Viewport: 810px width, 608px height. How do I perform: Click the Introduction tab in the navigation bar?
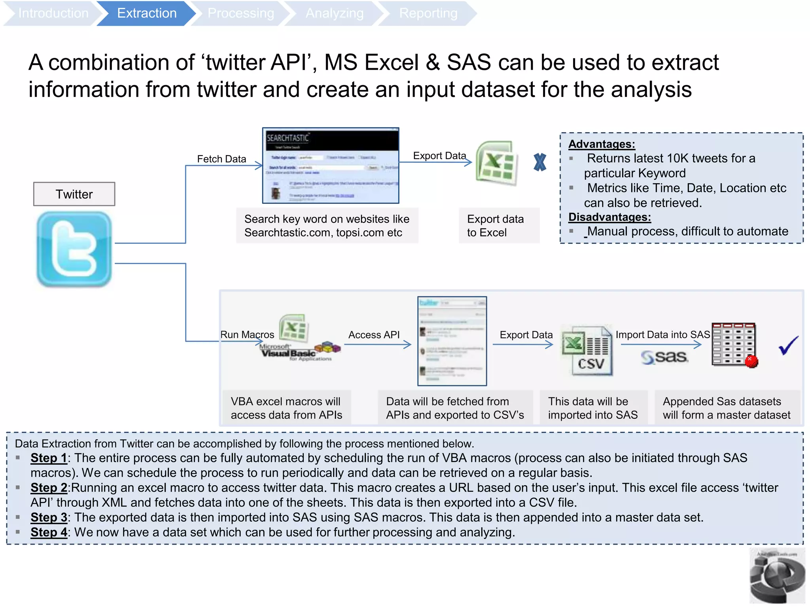coord(53,13)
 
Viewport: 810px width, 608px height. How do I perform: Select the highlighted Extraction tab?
coord(146,13)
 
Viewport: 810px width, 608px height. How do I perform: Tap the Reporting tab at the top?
coord(428,13)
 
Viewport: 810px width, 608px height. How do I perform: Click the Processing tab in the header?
coord(240,13)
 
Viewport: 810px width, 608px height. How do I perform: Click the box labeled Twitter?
coord(74,194)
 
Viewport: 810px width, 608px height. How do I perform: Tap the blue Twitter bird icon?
coord(74,249)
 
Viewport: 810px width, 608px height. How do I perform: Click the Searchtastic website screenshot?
coord(331,165)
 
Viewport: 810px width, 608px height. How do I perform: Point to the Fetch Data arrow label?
coord(221,159)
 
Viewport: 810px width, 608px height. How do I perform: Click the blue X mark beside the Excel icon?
coord(540,162)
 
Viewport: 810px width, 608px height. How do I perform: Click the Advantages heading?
coord(602,144)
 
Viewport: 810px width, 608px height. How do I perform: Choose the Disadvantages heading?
coord(609,217)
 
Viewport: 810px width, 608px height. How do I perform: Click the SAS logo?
coord(665,357)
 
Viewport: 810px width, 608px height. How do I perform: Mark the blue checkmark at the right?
coord(788,345)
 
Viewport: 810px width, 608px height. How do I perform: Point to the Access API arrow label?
coord(374,335)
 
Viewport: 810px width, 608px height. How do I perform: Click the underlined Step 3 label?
coord(49,517)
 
